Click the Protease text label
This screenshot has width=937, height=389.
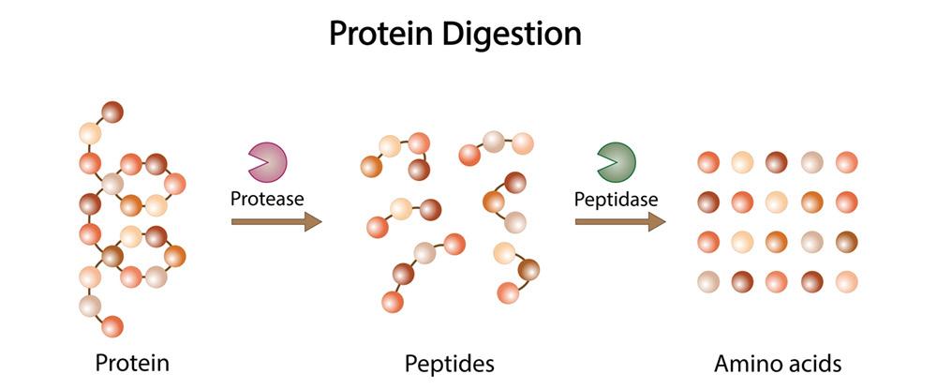coord(267,199)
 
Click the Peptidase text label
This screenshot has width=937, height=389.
coord(616,199)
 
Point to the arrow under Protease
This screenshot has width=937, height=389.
coord(275,222)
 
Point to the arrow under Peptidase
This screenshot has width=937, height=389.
coord(618,222)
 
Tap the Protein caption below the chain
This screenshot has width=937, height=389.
coord(132,362)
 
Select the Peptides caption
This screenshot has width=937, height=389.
coord(449,362)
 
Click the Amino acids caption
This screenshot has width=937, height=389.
coord(778,362)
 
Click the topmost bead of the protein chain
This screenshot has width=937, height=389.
coord(113,112)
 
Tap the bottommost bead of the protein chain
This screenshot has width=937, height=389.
coord(112,326)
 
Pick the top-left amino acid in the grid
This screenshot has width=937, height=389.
coord(708,162)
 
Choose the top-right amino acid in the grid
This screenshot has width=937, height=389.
coord(847,162)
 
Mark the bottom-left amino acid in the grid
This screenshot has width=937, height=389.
coord(708,281)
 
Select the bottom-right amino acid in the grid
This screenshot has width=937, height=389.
coord(847,281)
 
